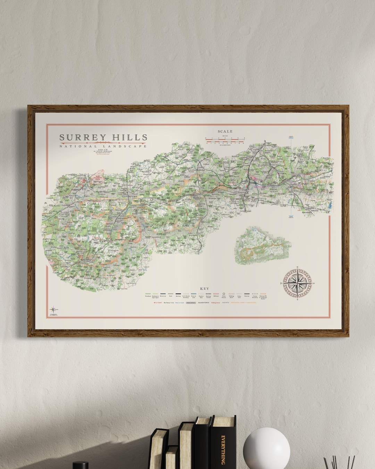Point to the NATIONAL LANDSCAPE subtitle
[x=103, y=147]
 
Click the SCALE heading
[x=225, y=132]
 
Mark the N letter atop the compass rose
[x=299, y=267]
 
